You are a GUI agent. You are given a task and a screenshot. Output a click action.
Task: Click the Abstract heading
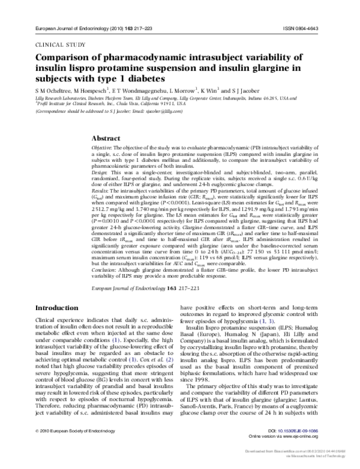click(113, 137)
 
